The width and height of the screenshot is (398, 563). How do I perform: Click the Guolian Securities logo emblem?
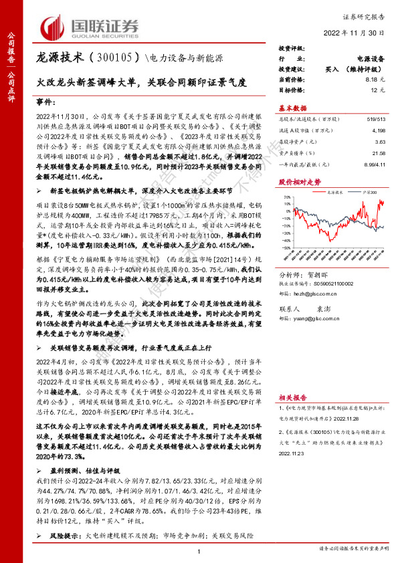[55, 27]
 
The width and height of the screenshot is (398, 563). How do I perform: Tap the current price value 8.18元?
[372, 78]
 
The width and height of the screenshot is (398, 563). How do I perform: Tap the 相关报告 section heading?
[292, 397]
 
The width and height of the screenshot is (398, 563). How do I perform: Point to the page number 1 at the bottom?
[199, 550]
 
